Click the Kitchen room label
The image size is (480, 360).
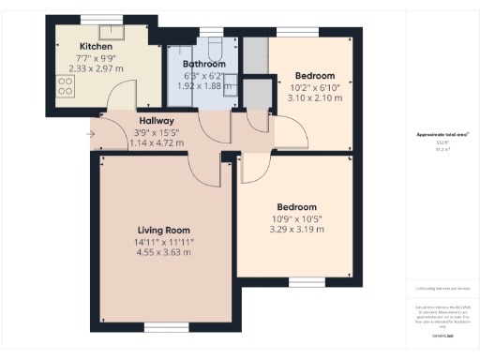point(97,46)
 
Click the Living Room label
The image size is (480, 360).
point(163,229)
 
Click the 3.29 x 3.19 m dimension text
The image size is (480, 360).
point(295,230)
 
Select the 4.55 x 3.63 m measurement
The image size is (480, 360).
point(163,252)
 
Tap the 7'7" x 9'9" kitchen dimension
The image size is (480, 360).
point(97,57)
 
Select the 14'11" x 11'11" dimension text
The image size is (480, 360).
point(163,241)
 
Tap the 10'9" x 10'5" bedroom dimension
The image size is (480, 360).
point(295,218)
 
